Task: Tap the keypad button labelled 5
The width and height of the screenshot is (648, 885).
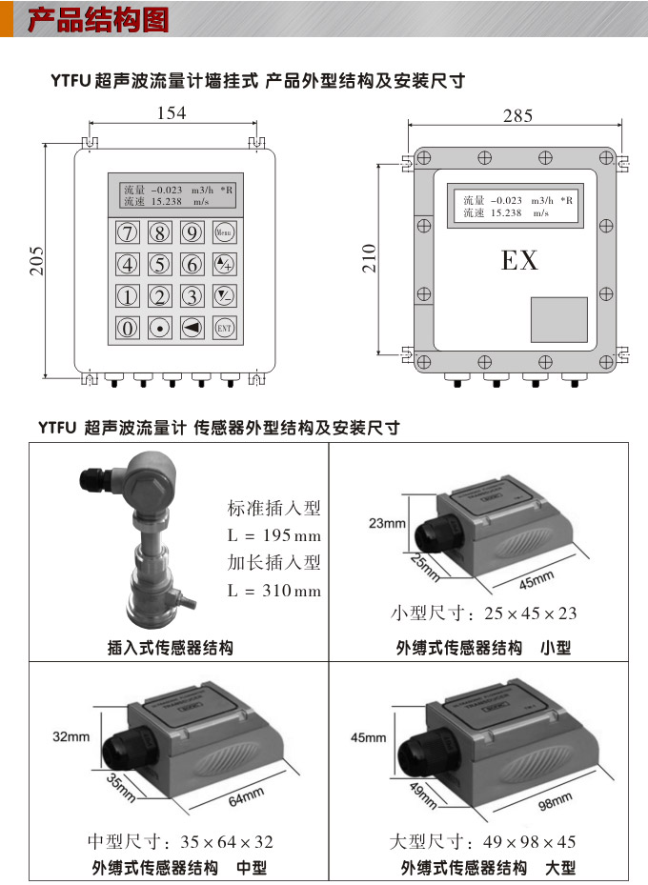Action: [x=160, y=264]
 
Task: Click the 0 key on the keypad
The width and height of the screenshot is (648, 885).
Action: [x=128, y=328]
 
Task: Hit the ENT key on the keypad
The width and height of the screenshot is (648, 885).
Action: [x=224, y=328]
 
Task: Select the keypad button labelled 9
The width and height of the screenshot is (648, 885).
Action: [x=192, y=231]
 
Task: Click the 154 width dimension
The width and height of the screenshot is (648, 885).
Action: [x=172, y=113]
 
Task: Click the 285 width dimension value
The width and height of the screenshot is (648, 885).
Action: [x=517, y=115]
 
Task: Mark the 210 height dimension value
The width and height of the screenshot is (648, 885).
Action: [x=370, y=258]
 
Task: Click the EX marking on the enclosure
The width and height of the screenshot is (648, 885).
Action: [x=519, y=260]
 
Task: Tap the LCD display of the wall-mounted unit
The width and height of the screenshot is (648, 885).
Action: [x=177, y=195]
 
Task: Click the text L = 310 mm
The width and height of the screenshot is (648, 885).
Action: [x=274, y=591]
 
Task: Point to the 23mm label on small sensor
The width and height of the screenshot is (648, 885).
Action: [x=387, y=523]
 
